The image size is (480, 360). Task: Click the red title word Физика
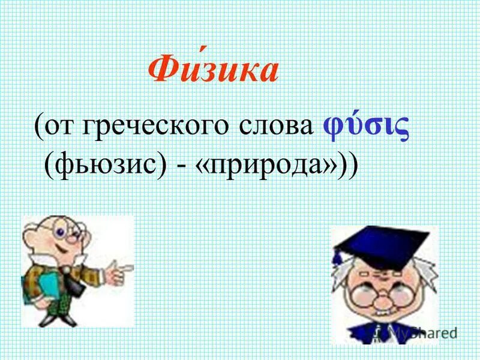[214, 71]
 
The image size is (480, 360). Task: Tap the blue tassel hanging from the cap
[338, 258]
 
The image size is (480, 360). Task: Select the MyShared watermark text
[420, 332]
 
